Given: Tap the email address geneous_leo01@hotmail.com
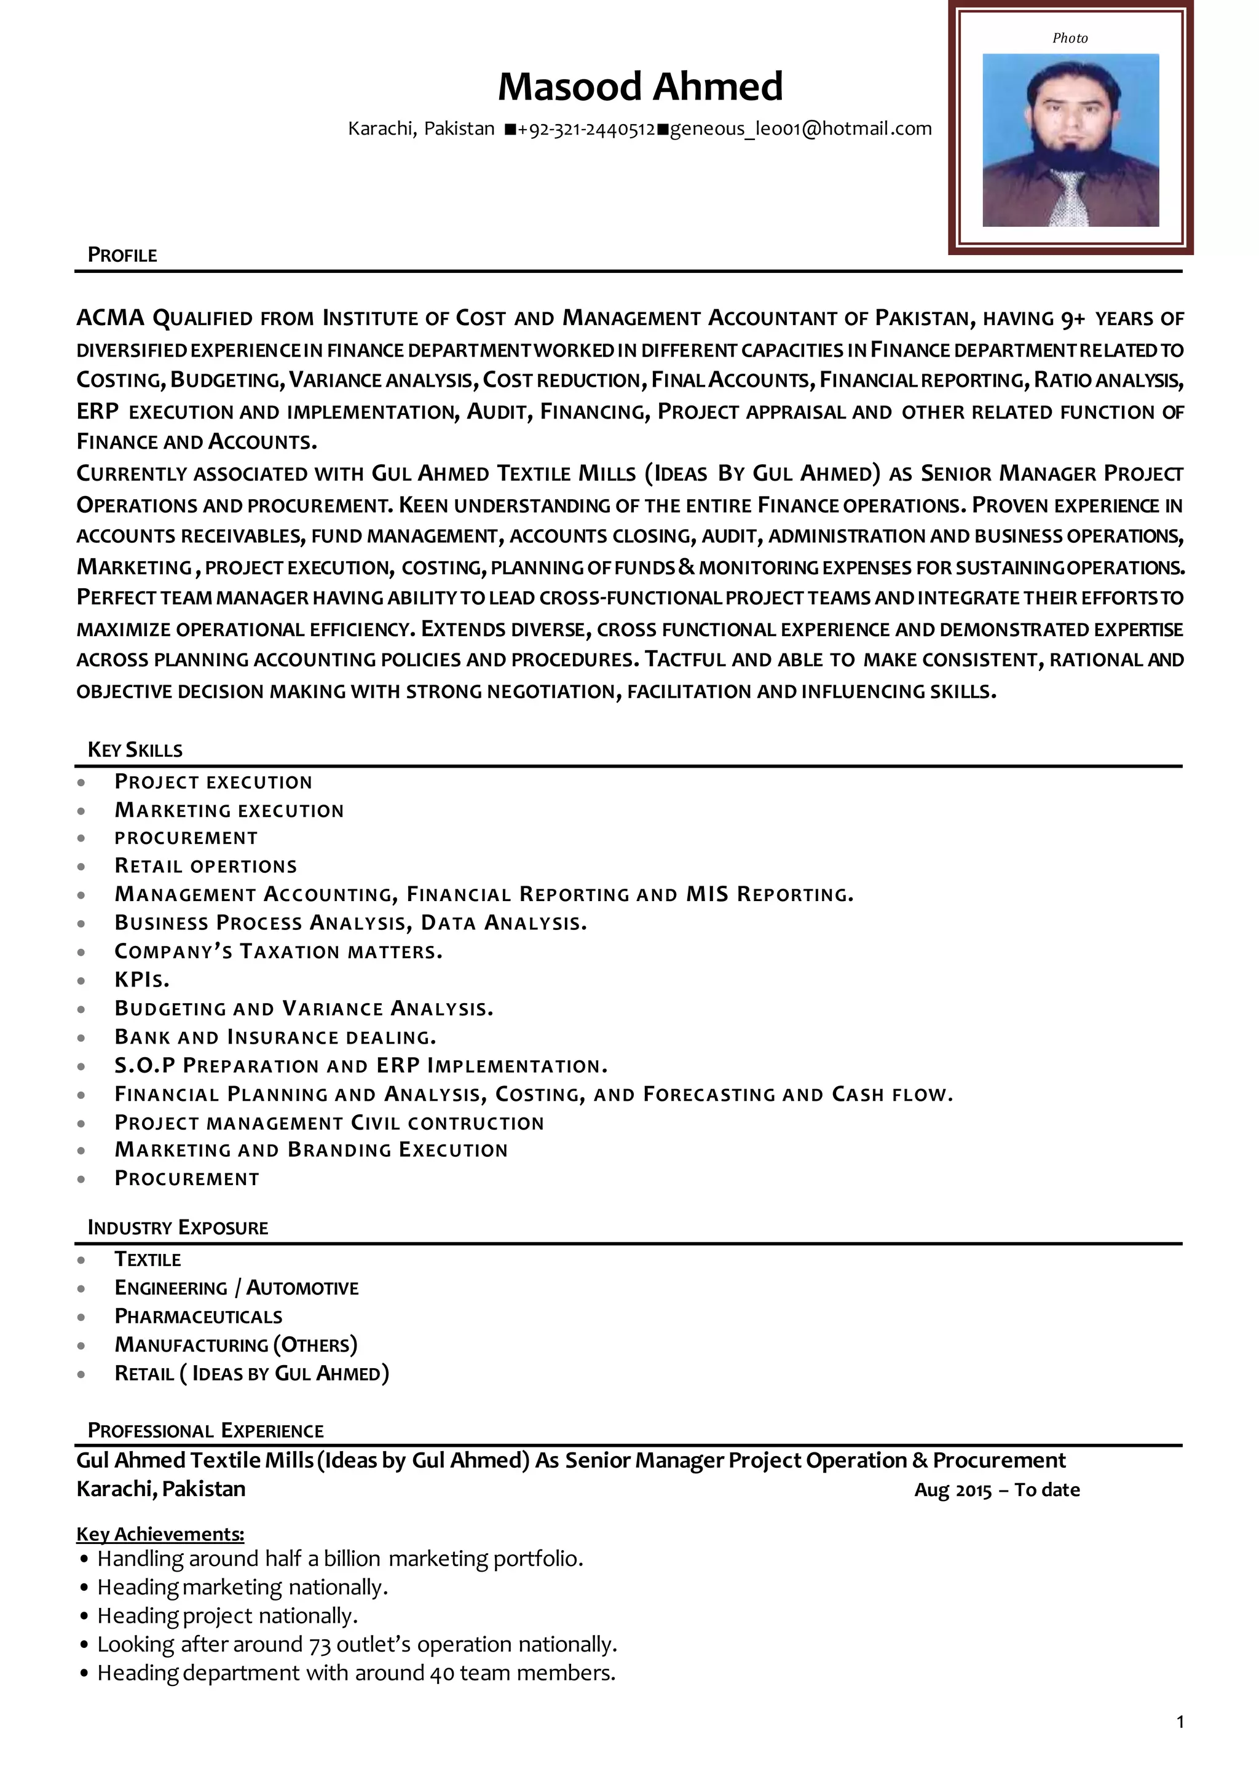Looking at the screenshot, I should (x=800, y=128).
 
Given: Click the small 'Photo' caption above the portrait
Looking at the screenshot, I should (x=1070, y=38).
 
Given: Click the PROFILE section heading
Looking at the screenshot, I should (x=122, y=255).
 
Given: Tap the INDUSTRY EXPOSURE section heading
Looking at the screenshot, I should (x=178, y=1227).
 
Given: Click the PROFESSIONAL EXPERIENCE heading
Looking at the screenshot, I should (x=205, y=1430).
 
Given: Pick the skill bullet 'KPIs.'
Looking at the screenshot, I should (x=142, y=980).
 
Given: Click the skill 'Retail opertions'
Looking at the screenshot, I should (x=205, y=866).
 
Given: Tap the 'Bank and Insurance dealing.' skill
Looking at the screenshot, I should (x=275, y=1038).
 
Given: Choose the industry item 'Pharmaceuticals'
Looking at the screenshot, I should (x=199, y=1317).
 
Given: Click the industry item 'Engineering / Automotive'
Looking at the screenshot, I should (x=237, y=1288).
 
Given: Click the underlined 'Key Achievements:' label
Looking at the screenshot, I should (x=160, y=1534).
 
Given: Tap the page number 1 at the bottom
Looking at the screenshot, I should (x=1180, y=1744).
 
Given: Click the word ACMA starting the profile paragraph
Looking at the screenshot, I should (x=110, y=318).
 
